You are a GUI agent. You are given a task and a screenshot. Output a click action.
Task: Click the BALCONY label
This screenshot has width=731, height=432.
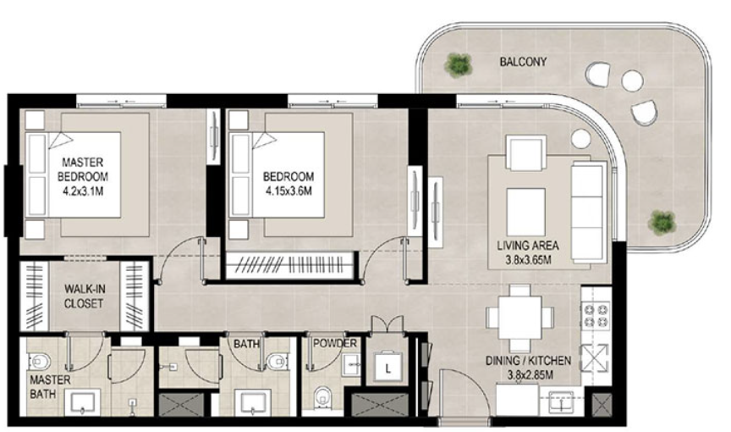pos(523,62)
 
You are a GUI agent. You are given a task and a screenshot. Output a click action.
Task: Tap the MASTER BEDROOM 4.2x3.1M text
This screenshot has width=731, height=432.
pos(83,176)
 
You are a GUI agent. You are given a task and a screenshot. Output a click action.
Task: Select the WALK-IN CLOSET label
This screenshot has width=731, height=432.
pos(84,296)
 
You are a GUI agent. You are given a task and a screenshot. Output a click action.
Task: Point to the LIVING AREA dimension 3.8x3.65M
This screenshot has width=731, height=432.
pos(528,259)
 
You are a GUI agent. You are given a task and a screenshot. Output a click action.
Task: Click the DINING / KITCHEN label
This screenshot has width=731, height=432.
pos(528,360)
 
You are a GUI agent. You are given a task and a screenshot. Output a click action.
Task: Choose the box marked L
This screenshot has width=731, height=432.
pos(387,367)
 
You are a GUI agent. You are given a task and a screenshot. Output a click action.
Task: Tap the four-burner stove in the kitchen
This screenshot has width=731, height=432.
pos(596,315)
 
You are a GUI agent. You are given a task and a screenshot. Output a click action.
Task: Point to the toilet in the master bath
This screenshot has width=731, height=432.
pos(40,362)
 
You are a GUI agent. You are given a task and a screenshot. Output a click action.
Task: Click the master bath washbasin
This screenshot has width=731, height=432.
pos(85,402)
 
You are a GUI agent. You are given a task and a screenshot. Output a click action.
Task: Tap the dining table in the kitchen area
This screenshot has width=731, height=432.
pos(519,318)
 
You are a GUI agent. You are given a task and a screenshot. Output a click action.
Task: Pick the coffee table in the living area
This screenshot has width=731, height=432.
pos(526,212)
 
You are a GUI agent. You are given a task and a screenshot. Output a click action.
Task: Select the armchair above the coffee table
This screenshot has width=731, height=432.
pos(526,152)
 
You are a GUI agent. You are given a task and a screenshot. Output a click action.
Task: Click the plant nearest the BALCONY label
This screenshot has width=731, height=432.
pos(459,64)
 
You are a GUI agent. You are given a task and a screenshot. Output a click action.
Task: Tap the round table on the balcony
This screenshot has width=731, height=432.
pos(632,80)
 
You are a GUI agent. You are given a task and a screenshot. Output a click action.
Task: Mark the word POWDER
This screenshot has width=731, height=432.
pos(335,343)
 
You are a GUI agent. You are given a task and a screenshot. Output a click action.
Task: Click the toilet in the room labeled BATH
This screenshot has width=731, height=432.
pos(278,361)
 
